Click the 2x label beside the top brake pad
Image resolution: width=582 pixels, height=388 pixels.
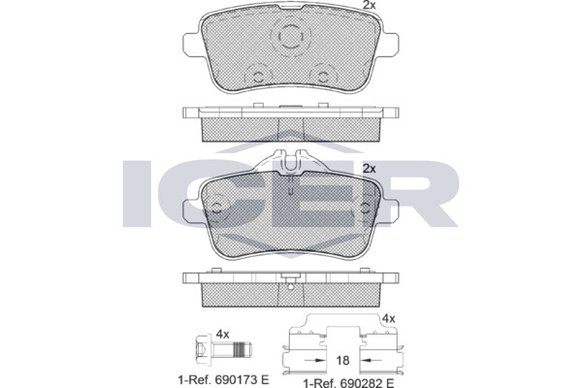tap(369, 5)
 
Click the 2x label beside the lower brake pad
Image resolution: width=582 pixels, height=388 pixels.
tap(369, 169)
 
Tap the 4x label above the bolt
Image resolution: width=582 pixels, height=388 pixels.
tap(222, 334)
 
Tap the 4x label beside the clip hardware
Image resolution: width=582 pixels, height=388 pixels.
tap(389, 318)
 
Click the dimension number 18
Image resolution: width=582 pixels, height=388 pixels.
tap(342, 360)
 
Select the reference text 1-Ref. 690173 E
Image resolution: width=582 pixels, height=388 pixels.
tap(223, 380)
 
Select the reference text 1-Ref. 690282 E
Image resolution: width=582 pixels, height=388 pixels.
tap(348, 383)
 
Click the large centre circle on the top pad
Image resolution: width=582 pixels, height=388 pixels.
tap(290, 37)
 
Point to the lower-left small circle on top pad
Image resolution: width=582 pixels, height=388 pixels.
tap(258, 77)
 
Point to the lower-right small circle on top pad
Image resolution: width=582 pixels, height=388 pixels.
tap(323, 77)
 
